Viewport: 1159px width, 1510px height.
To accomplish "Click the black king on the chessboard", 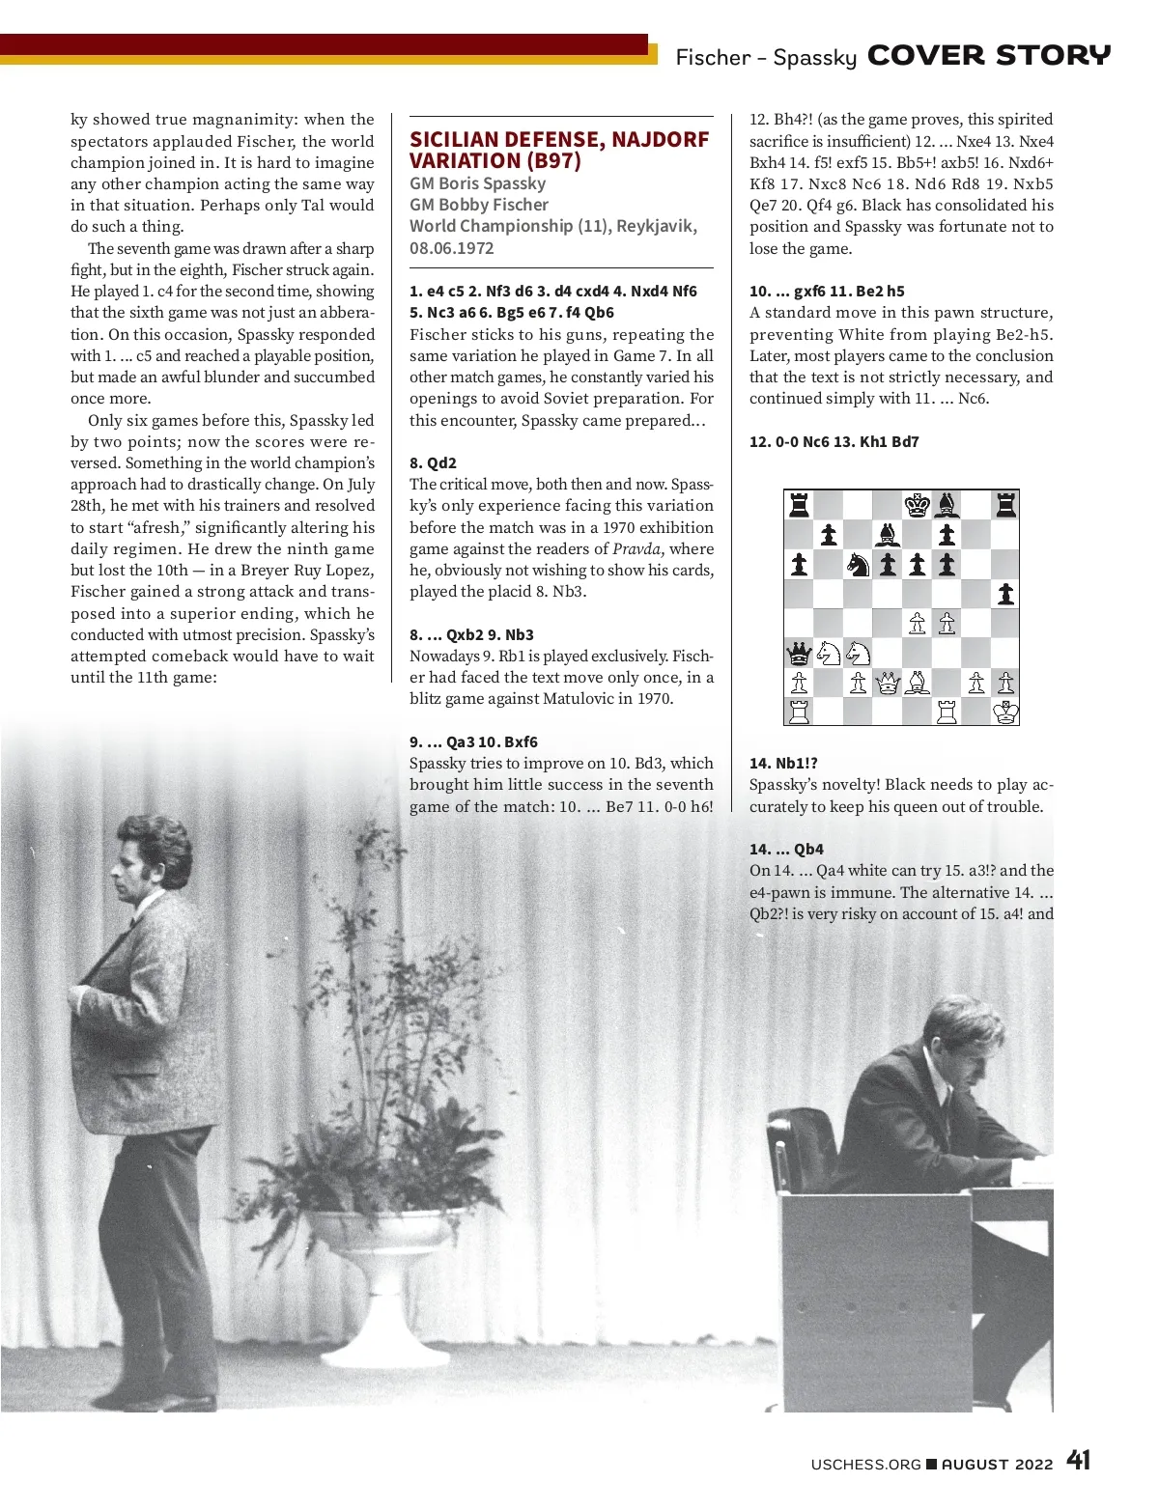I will pyautogui.click(x=917, y=504).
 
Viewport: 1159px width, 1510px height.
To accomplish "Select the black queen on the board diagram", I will pyautogui.click(x=799, y=655).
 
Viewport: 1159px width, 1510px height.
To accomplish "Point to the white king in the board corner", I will pyautogui.click(x=1005, y=713).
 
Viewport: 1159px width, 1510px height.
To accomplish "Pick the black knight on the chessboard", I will pyautogui.click(x=858, y=564).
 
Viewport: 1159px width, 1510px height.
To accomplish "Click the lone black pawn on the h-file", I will pyautogui.click(x=1005, y=594).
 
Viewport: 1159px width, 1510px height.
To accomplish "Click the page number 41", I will pyautogui.click(x=1079, y=1461).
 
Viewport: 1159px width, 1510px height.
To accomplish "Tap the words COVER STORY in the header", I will pyautogui.click(x=989, y=56).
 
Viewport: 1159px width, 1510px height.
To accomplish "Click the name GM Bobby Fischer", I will pyautogui.click(x=479, y=205).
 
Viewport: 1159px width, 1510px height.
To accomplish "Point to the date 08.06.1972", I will pyautogui.click(x=452, y=248).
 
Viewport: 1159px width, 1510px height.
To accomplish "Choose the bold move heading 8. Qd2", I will pyautogui.click(x=433, y=462).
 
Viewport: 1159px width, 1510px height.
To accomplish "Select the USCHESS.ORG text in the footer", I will pyautogui.click(x=865, y=1464).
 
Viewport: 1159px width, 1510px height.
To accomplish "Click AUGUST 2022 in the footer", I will pyautogui.click(x=997, y=1464).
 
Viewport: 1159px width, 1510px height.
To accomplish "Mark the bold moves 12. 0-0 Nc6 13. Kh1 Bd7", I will pyautogui.click(x=834, y=442).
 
